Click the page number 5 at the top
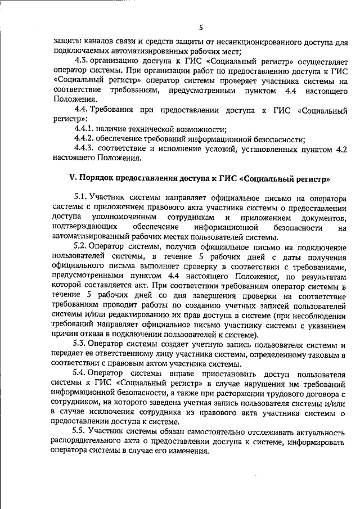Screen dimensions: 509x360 tap(201, 27)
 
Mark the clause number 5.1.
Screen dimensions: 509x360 tap(82, 198)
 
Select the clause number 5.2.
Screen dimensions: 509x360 tap(82, 247)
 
